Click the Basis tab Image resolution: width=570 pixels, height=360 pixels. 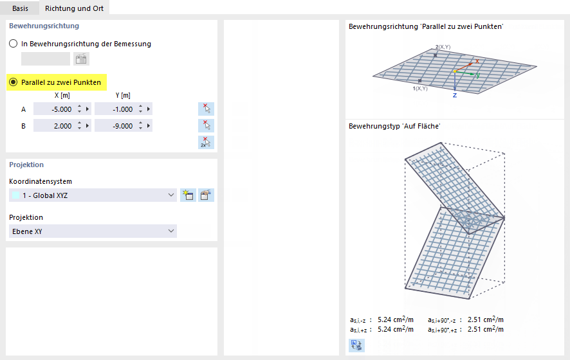(x=20, y=8)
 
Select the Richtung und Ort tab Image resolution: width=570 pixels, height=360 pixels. (x=74, y=8)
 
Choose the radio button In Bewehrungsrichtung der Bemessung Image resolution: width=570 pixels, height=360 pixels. (x=13, y=44)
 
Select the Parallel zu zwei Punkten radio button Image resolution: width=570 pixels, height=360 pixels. (x=13, y=82)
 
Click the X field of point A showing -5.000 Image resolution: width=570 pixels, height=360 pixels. (x=54, y=109)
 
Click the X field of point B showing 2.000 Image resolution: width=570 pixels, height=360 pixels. (x=54, y=126)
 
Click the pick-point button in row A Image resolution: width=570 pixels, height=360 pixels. (x=206, y=109)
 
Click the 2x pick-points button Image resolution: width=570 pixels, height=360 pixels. (x=206, y=142)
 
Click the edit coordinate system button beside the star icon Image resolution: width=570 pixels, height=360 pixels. (x=206, y=195)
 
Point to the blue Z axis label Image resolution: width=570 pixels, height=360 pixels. (x=454, y=95)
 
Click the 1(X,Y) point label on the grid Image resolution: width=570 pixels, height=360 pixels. (x=419, y=88)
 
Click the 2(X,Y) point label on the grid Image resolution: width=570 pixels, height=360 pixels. (x=443, y=48)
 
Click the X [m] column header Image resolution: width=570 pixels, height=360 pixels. (x=62, y=95)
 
